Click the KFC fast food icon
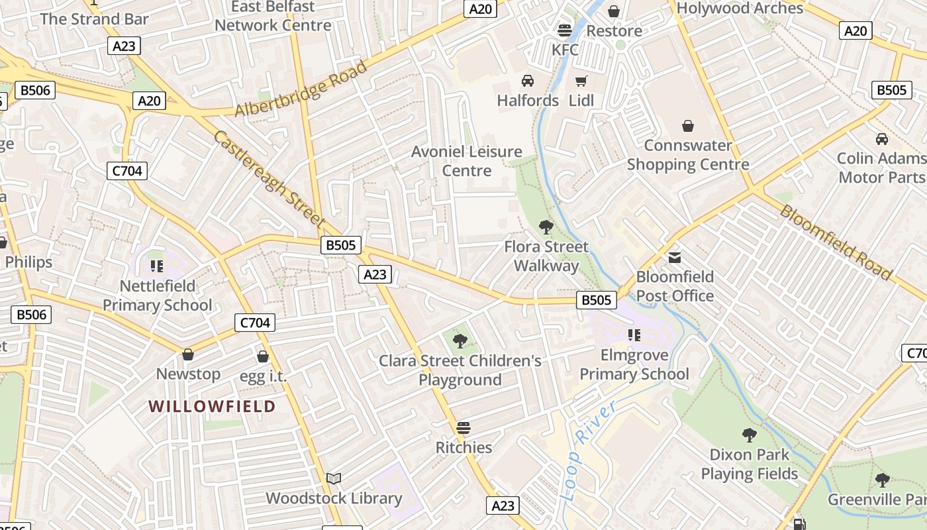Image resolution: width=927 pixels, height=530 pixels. pos(565,30)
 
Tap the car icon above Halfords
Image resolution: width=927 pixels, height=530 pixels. pos(528,81)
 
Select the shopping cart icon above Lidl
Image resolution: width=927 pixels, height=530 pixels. pos(581,81)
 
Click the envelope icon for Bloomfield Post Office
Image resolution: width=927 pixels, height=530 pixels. pos(675,257)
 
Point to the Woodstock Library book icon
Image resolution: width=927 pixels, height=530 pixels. pos(334,478)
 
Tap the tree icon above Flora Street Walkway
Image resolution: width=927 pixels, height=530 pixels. pos(546,227)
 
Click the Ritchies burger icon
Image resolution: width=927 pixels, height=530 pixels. pos(463,427)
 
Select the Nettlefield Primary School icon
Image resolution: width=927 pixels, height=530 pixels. pos(157,266)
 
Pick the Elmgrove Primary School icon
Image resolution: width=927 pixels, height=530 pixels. pos(634,335)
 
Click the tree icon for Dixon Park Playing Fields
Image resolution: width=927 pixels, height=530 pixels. pos(749,435)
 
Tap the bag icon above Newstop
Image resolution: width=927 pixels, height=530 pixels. pos(188,354)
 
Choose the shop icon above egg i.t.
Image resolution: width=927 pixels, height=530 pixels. pos(263,356)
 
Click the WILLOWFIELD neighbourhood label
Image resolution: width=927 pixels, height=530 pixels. pos(212,406)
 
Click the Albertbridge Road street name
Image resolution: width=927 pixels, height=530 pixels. pos(301,90)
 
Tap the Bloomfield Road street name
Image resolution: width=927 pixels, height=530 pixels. pos(836,242)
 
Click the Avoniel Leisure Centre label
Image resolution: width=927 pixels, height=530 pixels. pos(467,161)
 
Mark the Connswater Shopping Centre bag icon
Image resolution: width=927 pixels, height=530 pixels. pos(688,126)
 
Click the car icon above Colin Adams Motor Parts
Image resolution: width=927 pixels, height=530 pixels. pos(881,139)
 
